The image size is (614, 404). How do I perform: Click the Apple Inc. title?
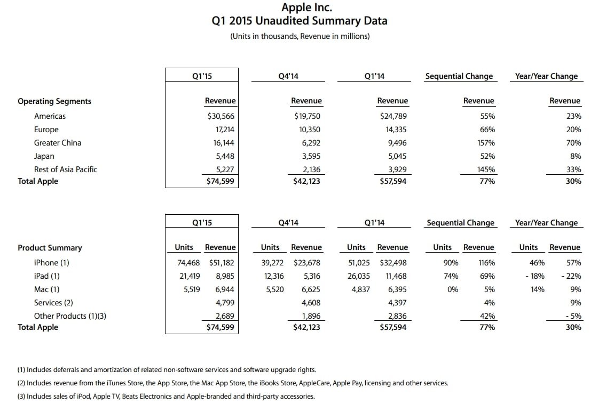point(306,7)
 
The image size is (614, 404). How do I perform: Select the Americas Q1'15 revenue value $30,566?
point(221,116)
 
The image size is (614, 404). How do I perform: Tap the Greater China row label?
point(58,143)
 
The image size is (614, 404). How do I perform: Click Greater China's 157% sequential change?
point(486,143)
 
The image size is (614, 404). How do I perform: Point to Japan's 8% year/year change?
point(576,156)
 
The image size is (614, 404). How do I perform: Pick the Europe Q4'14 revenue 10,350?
point(310,130)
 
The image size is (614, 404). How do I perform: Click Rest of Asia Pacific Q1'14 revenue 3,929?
point(397,169)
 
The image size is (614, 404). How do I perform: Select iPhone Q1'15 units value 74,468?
point(188,263)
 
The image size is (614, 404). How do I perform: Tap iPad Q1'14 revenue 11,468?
point(396,276)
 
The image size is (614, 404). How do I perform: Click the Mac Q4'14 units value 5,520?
point(274,289)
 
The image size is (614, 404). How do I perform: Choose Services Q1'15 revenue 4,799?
point(225,302)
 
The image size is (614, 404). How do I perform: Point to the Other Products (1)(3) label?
point(70,316)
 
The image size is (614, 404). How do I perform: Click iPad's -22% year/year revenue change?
point(571,276)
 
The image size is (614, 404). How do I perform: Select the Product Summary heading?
point(50,248)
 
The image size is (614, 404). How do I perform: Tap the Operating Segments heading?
point(54,101)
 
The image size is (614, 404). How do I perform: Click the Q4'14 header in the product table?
point(288,222)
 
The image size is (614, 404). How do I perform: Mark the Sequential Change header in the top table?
point(459,76)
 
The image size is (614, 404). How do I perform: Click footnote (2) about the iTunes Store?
point(233,383)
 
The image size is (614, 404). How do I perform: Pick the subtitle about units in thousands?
point(300,36)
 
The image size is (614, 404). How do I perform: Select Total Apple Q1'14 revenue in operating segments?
point(393,181)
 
